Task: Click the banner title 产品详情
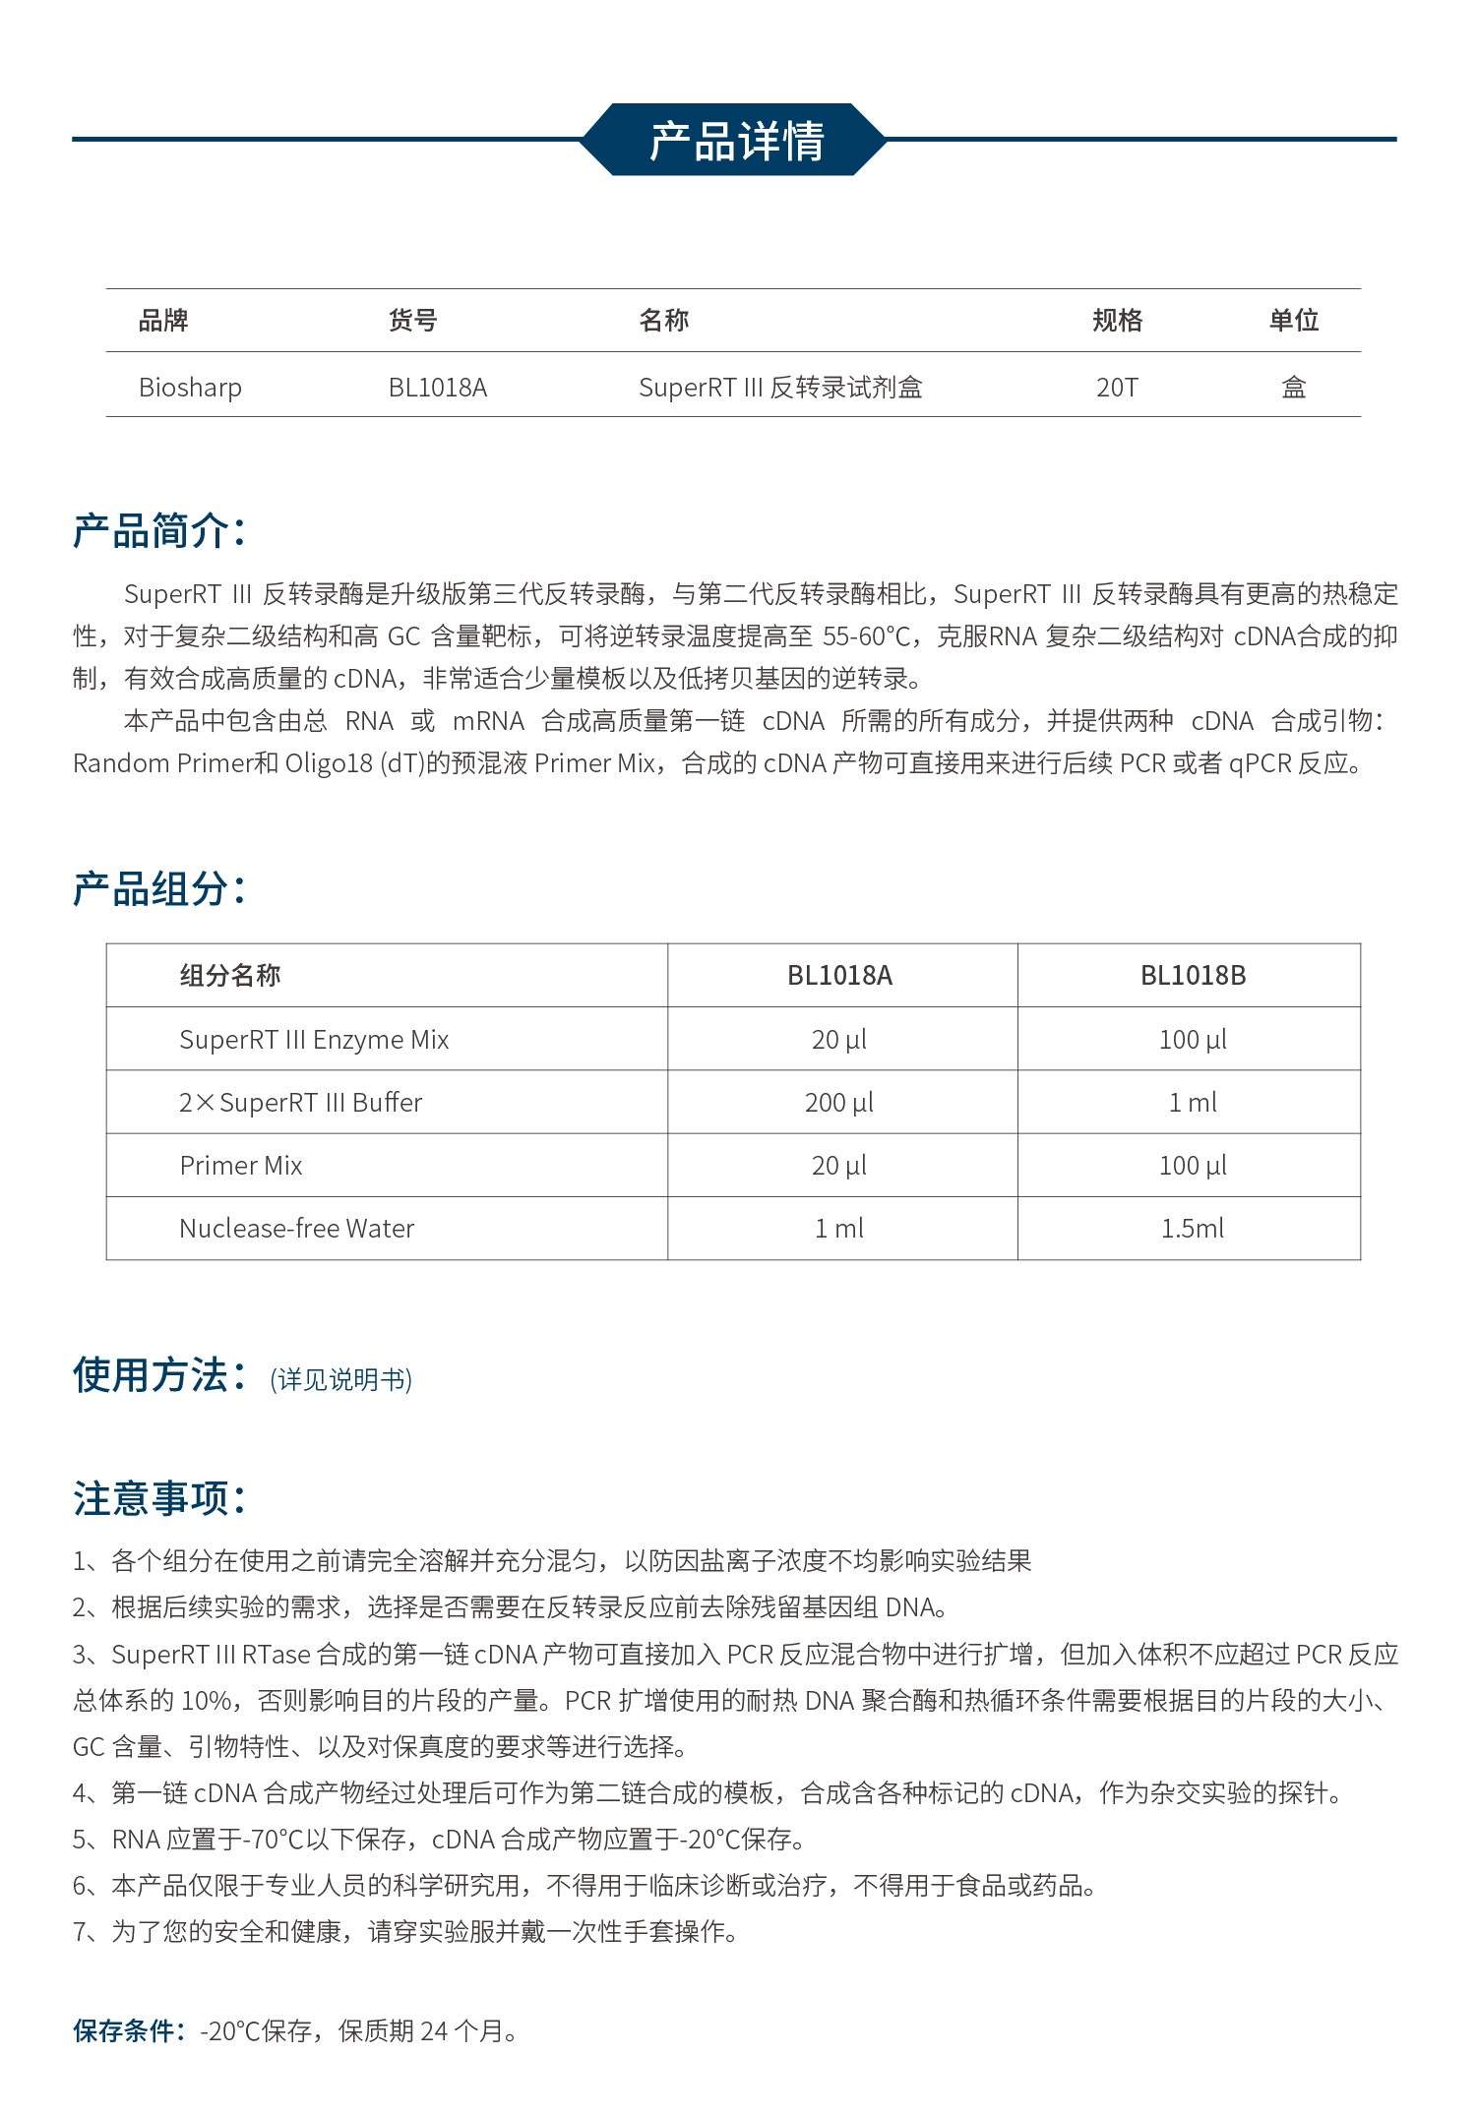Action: pyautogui.click(x=736, y=141)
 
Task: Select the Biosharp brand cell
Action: pyautogui.click(x=190, y=388)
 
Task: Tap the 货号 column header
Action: pyautogui.click(x=412, y=321)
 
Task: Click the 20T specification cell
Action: pyautogui.click(x=1117, y=388)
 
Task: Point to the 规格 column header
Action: pyautogui.click(x=1117, y=321)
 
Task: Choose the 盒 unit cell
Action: pyautogui.click(x=1293, y=388)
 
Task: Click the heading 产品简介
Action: pyautogui.click(x=158, y=531)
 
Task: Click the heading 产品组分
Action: pyautogui.click(x=158, y=889)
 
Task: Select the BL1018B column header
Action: pyautogui.click(x=1193, y=976)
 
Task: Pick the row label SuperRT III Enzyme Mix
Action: pyautogui.click(x=314, y=1040)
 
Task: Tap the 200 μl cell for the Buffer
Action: pyautogui.click(x=839, y=1103)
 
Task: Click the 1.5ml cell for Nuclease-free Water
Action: pyautogui.click(x=1193, y=1229)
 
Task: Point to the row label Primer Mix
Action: pyautogui.click(x=241, y=1166)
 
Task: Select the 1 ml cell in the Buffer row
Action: pyautogui.click(x=1193, y=1103)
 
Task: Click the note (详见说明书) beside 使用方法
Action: pyautogui.click(x=340, y=1380)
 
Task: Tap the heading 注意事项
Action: pyautogui.click(x=158, y=1499)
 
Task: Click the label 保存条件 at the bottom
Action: pyautogui.click(x=128, y=2031)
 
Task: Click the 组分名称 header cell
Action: pyautogui.click(x=230, y=976)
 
